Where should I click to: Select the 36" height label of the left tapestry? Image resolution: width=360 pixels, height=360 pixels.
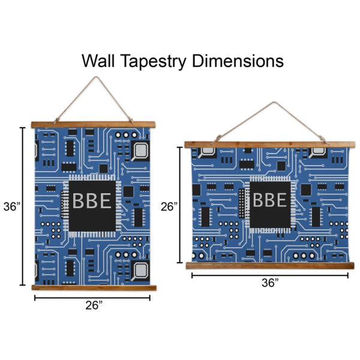(x=11, y=206)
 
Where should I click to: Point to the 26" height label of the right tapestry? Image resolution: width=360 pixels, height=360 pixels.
(x=170, y=206)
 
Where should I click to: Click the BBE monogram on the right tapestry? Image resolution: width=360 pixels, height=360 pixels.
(x=268, y=200)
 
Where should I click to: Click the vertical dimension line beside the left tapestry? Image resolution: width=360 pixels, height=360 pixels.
(x=23, y=206)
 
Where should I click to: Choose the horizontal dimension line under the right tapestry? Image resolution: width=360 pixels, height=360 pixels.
(x=270, y=275)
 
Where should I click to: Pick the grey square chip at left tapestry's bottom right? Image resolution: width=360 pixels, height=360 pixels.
(x=142, y=269)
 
